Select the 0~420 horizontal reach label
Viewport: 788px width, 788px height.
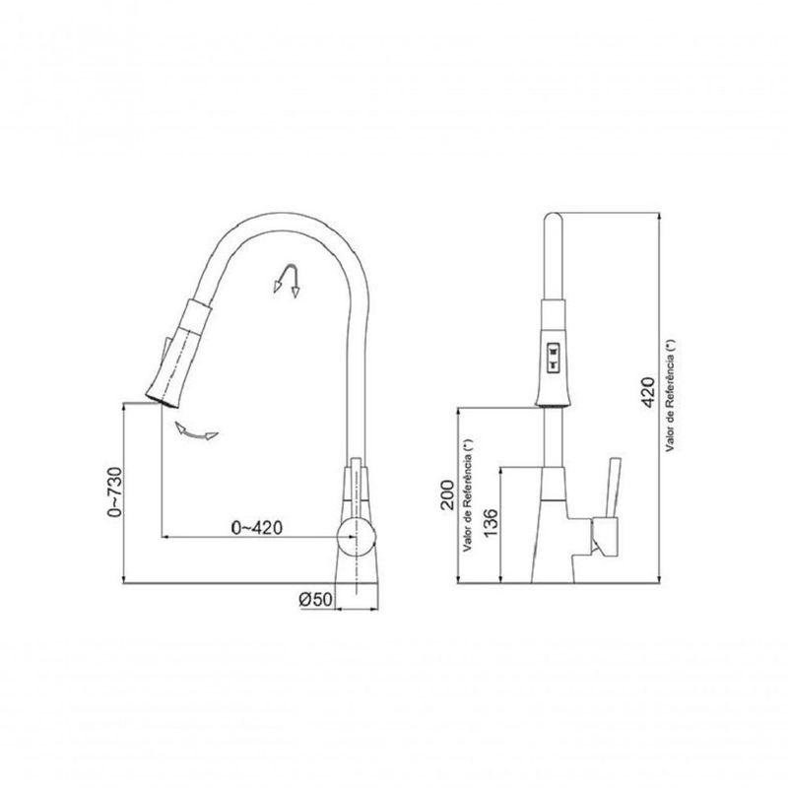[x=257, y=527]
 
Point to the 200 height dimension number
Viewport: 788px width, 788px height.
[x=449, y=495]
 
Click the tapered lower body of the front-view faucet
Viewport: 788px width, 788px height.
[x=552, y=532]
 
